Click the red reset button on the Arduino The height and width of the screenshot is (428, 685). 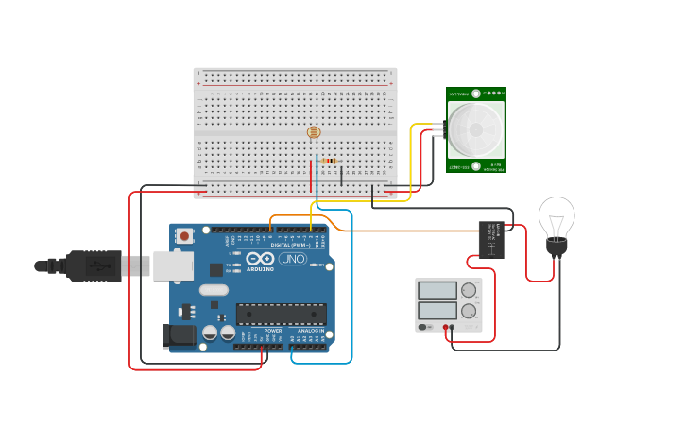[x=185, y=235]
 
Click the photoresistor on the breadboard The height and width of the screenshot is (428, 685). [x=314, y=132]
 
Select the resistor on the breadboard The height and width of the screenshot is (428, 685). [x=329, y=161]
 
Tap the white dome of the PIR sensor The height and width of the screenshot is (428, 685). [x=475, y=129]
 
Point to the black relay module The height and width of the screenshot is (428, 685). [x=491, y=239]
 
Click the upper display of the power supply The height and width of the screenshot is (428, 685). [x=437, y=290]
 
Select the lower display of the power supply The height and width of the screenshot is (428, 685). [x=437, y=310]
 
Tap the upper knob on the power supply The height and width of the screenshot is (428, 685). [x=469, y=290]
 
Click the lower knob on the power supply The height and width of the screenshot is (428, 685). [x=469, y=311]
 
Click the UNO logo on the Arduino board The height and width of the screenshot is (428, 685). [x=292, y=259]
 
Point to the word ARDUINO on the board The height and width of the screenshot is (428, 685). [x=260, y=269]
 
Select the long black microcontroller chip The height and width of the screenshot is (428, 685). [x=282, y=314]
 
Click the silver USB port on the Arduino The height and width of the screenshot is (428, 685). [x=173, y=265]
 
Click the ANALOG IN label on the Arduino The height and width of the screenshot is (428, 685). [x=311, y=331]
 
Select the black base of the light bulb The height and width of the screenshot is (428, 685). [x=557, y=248]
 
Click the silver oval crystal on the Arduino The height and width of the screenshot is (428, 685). [x=214, y=290]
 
